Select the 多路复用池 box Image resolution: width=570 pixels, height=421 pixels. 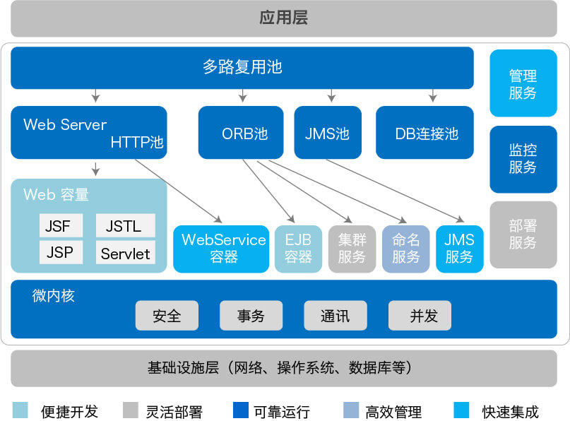pyautogui.click(x=242, y=68)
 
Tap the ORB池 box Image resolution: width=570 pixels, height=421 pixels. pyautogui.click(x=241, y=133)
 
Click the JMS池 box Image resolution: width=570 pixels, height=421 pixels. pyautogui.click(x=328, y=133)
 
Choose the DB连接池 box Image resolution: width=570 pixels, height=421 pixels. pyautogui.click(x=427, y=133)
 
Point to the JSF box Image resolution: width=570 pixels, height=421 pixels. pyautogui.click(x=61, y=226)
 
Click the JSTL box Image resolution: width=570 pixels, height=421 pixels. pyautogui.click(x=125, y=226)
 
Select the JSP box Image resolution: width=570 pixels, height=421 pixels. pyautogui.click(x=61, y=253)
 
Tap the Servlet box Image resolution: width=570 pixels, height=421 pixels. pyautogui.click(x=125, y=253)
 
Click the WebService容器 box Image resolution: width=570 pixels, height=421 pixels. pyautogui.click(x=221, y=249)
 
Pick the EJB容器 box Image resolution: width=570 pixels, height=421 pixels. pyautogui.click(x=298, y=249)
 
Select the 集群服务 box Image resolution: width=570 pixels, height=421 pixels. pyautogui.click(x=352, y=249)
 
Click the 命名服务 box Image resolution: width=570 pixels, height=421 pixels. pyautogui.click(x=405, y=249)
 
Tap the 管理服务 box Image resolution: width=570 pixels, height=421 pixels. pyautogui.click(x=523, y=84)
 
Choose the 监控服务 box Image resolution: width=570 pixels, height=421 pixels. pyautogui.click(x=523, y=159)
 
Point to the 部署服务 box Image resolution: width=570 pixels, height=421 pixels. pyautogui.click(x=523, y=235)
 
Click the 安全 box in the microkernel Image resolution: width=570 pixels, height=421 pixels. pyautogui.click(x=167, y=316)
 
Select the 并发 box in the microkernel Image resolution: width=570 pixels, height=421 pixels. pyautogui.click(x=420, y=316)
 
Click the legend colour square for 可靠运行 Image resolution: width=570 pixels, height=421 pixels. pyautogui.click(x=240, y=410)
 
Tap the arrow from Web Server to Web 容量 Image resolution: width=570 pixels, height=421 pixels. pyautogui.click(x=96, y=169)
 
